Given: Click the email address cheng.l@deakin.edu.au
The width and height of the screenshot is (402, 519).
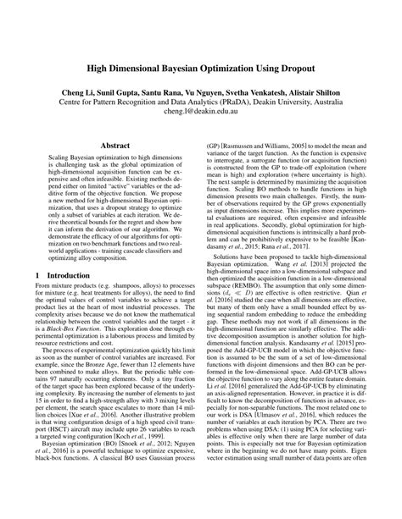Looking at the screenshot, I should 200,110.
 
